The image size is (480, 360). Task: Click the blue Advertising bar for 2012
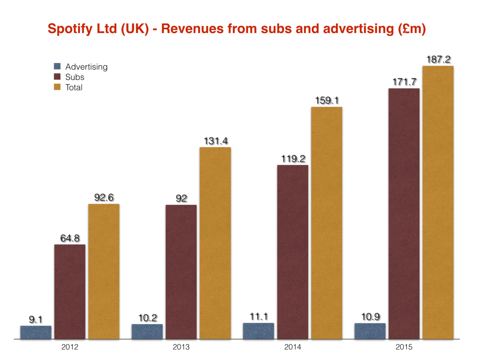click(36, 332)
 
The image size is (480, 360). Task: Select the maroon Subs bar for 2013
click(181, 272)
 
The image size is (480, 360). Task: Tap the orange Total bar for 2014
click(326, 223)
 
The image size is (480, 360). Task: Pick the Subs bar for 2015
click(404, 213)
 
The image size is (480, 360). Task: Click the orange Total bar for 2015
click(438, 202)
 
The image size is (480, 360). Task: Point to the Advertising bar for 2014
click(259, 331)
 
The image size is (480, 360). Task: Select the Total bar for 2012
click(104, 271)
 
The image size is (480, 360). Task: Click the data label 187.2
click(439, 59)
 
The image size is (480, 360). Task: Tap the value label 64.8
click(70, 238)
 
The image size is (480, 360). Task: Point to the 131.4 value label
click(216, 141)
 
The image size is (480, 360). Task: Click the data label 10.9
click(370, 317)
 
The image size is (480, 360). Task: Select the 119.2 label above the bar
click(293, 159)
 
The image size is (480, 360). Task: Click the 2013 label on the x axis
click(181, 347)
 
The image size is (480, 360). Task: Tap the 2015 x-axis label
click(404, 347)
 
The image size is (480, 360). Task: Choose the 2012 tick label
click(70, 347)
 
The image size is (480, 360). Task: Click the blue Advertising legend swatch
click(57, 66)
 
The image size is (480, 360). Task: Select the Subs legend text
click(75, 77)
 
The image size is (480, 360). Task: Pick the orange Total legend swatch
click(57, 87)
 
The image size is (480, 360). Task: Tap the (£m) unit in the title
click(412, 29)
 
